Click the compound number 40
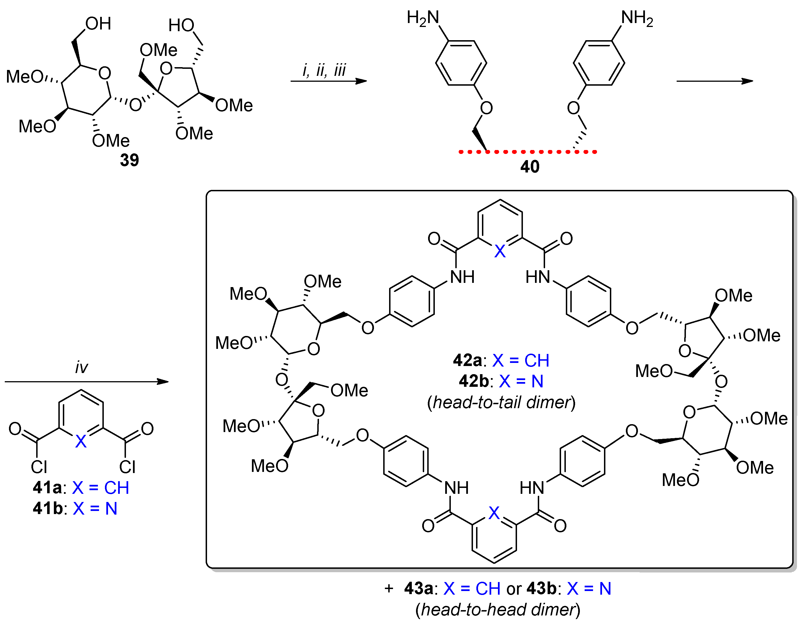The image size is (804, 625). point(530,167)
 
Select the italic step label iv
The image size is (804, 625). point(81,367)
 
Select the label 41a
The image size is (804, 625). point(47,488)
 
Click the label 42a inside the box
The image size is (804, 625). point(467,360)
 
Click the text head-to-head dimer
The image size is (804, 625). point(498,610)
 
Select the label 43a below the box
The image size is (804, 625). point(418,589)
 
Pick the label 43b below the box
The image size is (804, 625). point(541,589)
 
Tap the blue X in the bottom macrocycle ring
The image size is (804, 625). point(494,513)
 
